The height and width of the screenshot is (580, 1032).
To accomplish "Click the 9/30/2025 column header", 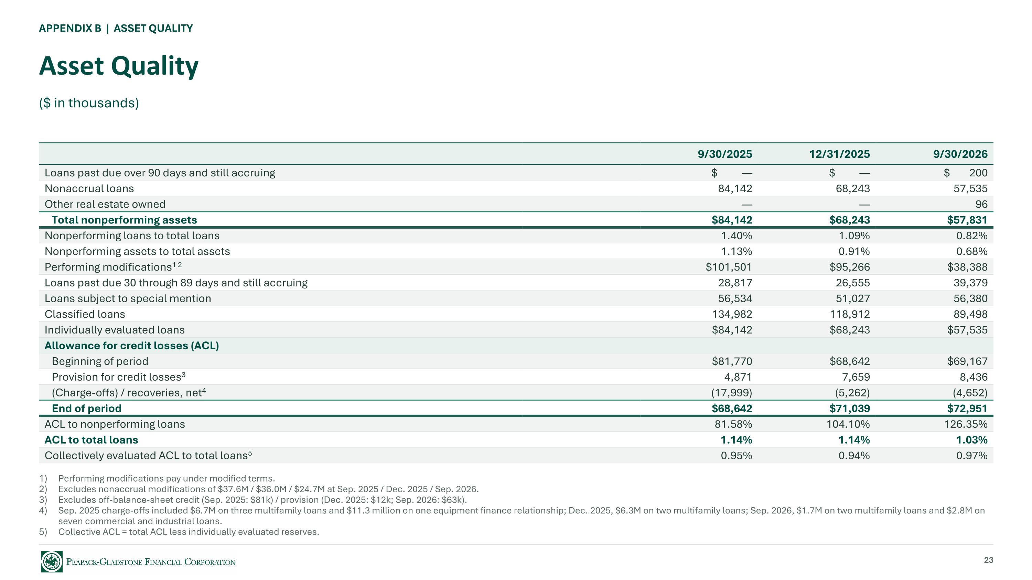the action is point(725,154).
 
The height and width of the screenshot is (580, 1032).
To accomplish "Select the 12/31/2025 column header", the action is point(839,154).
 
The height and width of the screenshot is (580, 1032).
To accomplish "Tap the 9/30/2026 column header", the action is point(960,154).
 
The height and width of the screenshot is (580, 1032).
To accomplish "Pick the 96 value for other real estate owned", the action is point(981,204).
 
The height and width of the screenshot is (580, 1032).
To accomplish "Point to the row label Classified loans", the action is point(85,314).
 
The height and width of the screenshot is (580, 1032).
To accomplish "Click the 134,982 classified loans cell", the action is point(732,314).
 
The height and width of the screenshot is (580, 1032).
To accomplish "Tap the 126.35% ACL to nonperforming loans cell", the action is point(966,424).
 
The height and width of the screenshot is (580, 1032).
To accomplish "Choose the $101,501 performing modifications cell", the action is point(729,267).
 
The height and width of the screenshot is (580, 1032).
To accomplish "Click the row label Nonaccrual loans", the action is point(89,188).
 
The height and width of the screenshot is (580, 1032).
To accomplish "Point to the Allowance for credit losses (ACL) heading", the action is point(132,346).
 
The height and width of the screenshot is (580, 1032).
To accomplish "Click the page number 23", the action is point(988,560).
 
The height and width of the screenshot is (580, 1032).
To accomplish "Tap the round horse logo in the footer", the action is point(52,561).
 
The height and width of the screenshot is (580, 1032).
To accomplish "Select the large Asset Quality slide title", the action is point(119,66).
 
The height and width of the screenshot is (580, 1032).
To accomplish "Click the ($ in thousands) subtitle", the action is point(89,103).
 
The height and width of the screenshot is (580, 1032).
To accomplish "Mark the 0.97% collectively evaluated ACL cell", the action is point(971,456).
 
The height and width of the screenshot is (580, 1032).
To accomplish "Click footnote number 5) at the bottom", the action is point(43,532).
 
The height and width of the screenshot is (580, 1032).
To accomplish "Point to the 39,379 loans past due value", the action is point(970,283).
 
